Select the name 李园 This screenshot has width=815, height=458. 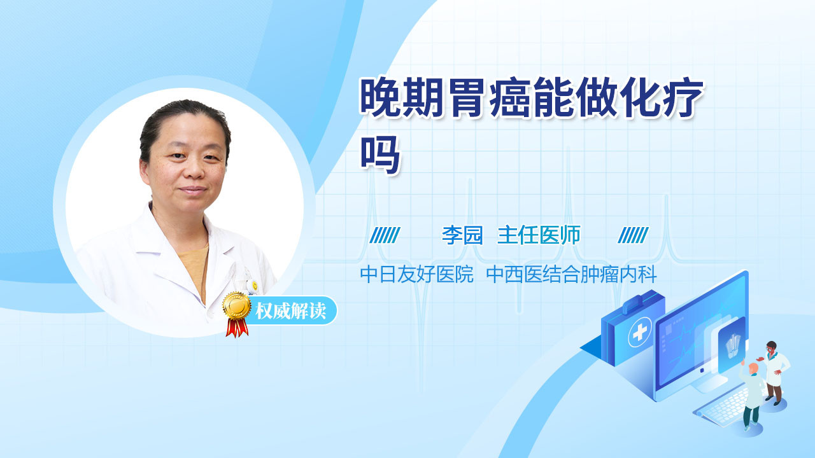click(x=462, y=235)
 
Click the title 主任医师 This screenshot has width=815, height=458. click(x=539, y=235)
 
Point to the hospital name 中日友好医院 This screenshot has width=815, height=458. click(x=416, y=274)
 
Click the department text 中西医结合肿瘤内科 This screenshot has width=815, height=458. click(x=572, y=274)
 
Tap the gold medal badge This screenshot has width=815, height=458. click(x=237, y=307)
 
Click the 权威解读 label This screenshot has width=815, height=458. click(x=291, y=311)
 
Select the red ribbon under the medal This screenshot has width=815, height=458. click(x=237, y=328)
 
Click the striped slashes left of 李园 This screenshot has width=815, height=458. click(x=385, y=235)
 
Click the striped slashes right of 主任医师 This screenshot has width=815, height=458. click(x=633, y=235)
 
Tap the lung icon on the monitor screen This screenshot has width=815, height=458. click(x=733, y=346)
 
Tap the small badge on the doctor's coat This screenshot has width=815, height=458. click(x=255, y=286)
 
